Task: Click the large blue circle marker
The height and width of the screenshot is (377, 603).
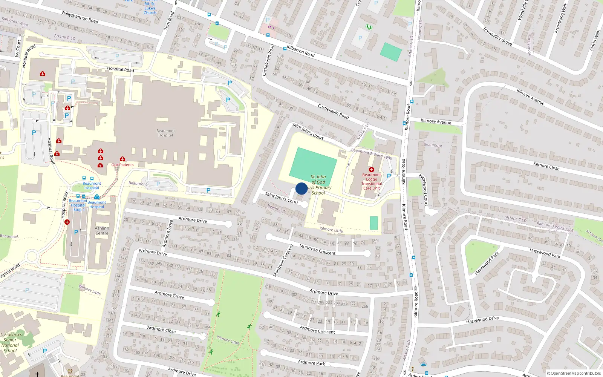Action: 301,188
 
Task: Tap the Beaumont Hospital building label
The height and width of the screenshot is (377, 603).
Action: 165,133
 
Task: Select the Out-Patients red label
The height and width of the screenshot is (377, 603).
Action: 122,165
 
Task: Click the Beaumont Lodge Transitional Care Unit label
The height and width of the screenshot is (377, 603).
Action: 372,181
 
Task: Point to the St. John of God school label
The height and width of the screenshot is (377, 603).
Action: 319,185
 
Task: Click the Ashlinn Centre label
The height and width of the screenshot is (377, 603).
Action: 102,231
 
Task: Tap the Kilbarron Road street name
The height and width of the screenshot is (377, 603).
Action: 300,51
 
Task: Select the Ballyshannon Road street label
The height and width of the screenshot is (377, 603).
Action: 80,17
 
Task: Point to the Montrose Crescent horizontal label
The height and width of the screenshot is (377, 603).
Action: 317,250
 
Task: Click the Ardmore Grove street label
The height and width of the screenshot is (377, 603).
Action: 169,295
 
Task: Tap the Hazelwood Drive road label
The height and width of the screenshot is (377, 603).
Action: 482,320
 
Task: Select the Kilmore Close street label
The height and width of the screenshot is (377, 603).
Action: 546,166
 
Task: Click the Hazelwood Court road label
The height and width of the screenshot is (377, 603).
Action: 424,190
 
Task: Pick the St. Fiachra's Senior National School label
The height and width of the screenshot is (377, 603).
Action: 11,342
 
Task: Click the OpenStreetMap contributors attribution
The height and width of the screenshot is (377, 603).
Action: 574,373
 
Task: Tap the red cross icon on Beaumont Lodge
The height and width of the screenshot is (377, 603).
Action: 371,170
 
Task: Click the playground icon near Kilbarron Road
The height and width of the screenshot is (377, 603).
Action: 369,27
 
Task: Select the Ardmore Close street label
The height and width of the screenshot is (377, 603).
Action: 161,329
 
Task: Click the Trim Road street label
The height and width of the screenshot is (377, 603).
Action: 170,21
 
